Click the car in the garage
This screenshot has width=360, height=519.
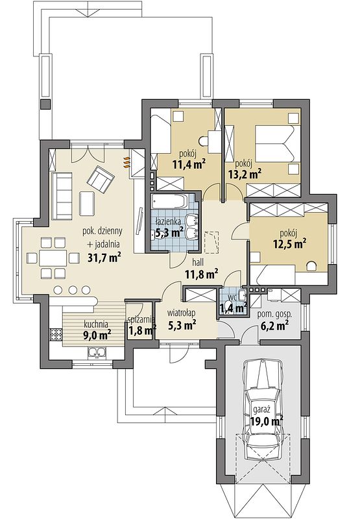tap(263, 410)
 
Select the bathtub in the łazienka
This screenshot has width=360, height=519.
tap(169, 202)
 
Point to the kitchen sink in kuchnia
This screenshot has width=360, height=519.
tap(97, 352)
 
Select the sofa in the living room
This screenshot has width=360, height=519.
tap(62, 196)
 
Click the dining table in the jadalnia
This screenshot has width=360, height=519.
tap(53, 258)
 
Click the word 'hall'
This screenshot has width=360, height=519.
tap(198, 263)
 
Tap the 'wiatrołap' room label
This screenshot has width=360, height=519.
tap(181, 313)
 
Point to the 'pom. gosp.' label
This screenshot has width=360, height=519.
tap(274, 314)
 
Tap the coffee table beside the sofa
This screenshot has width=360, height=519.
tap(87, 204)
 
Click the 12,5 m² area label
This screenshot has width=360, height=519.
tap(289, 245)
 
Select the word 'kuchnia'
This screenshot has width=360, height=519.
tap(95, 324)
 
